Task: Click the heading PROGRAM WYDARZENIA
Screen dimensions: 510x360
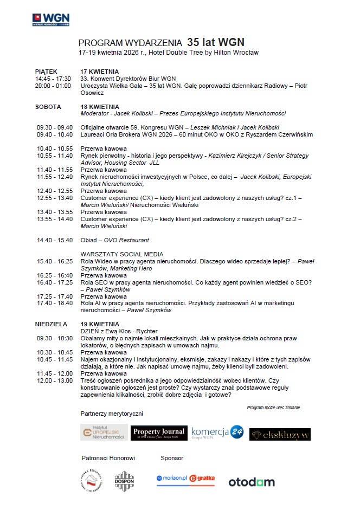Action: tap(130, 42)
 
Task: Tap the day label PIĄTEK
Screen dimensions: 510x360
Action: tap(46, 72)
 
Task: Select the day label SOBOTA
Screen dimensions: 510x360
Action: tap(48, 107)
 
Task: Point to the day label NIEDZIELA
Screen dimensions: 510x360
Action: tap(52, 324)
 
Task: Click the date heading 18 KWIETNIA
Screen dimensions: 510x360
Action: tap(100, 107)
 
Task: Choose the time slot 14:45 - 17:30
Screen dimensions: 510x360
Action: tap(53, 79)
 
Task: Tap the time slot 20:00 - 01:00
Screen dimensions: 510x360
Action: tap(53, 86)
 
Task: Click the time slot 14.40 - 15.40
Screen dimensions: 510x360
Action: tap(55, 240)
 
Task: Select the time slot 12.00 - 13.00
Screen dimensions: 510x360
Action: tap(55, 380)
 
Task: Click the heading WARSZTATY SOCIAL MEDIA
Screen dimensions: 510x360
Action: tap(122, 254)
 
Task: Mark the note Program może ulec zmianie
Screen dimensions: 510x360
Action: tap(273, 407)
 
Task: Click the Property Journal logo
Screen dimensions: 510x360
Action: tap(159, 433)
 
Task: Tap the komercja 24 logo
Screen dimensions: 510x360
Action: tap(217, 432)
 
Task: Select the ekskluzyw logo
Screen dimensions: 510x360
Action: tap(280, 434)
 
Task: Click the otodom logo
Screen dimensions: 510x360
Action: tap(251, 482)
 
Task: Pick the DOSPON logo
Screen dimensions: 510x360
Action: tap(124, 481)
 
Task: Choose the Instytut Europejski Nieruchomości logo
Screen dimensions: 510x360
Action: tap(104, 432)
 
